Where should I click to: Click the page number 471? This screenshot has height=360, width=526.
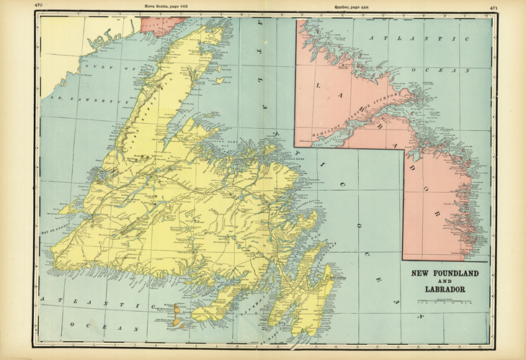pos(494,9)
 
